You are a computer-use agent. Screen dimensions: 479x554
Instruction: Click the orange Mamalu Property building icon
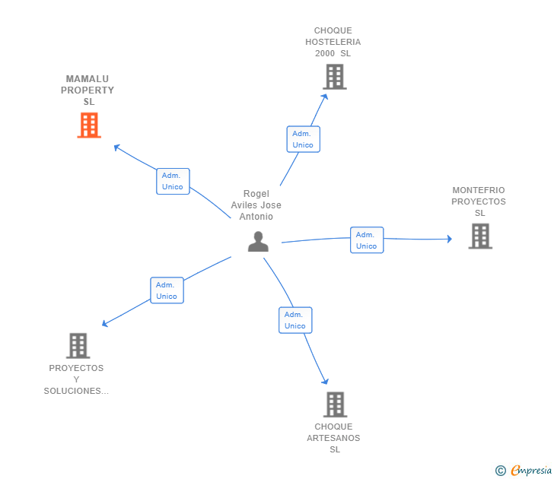pos(89,125)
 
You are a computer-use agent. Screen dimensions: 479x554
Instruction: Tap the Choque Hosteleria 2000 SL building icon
pos(334,77)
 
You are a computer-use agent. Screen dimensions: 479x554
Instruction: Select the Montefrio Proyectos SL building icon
pos(479,236)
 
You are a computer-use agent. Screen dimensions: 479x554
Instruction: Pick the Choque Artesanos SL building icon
pos(335,404)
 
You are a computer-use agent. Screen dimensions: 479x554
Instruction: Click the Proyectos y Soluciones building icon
pos(78,346)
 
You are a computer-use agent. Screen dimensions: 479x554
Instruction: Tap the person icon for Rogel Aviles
pos(258,242)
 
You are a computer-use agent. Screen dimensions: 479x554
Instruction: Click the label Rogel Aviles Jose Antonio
pos(256,205)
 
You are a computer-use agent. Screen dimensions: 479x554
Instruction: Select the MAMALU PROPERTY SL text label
pos(90,90)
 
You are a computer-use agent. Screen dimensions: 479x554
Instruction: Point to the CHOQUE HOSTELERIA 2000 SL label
pos(333,42)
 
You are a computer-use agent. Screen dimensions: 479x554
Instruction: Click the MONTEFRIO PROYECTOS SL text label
pos(479,201)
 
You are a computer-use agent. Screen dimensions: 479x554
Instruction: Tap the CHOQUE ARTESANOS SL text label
pos(334,438)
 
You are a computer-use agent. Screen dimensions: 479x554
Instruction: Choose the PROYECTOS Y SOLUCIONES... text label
pos(76,379)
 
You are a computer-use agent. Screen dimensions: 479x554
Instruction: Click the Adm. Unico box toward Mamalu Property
pos(173,181)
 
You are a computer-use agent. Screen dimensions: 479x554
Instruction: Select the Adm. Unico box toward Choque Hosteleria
pos(303,139)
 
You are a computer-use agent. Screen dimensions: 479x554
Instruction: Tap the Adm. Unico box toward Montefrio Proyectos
pos(366,240)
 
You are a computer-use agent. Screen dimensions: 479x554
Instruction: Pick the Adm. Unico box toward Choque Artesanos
pos(295,320)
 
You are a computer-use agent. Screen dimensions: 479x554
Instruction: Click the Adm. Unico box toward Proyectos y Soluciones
pos(167,290)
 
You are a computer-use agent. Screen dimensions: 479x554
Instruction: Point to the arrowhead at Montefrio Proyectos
pos(449,239)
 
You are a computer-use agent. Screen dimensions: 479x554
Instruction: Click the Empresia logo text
pos(531,471)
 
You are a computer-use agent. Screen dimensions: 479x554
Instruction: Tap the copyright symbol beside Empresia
pos(500,471)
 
